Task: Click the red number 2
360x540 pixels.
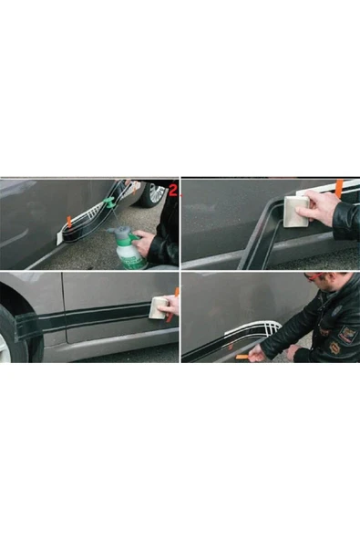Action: point(173,190)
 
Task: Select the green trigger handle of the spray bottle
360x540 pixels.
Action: point(134,236)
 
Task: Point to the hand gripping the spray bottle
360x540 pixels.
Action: point(145,242)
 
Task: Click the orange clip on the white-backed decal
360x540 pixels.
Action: point(69,222)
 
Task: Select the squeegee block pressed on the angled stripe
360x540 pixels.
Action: point(295,212)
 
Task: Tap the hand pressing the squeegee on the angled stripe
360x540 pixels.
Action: point(321,209)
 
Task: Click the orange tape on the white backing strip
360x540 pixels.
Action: point(339,188)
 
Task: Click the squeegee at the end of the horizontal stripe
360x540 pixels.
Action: point(159,308)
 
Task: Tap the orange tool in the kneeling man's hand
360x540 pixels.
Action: point(243,358)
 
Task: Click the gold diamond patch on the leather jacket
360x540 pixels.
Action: point(334,348)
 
